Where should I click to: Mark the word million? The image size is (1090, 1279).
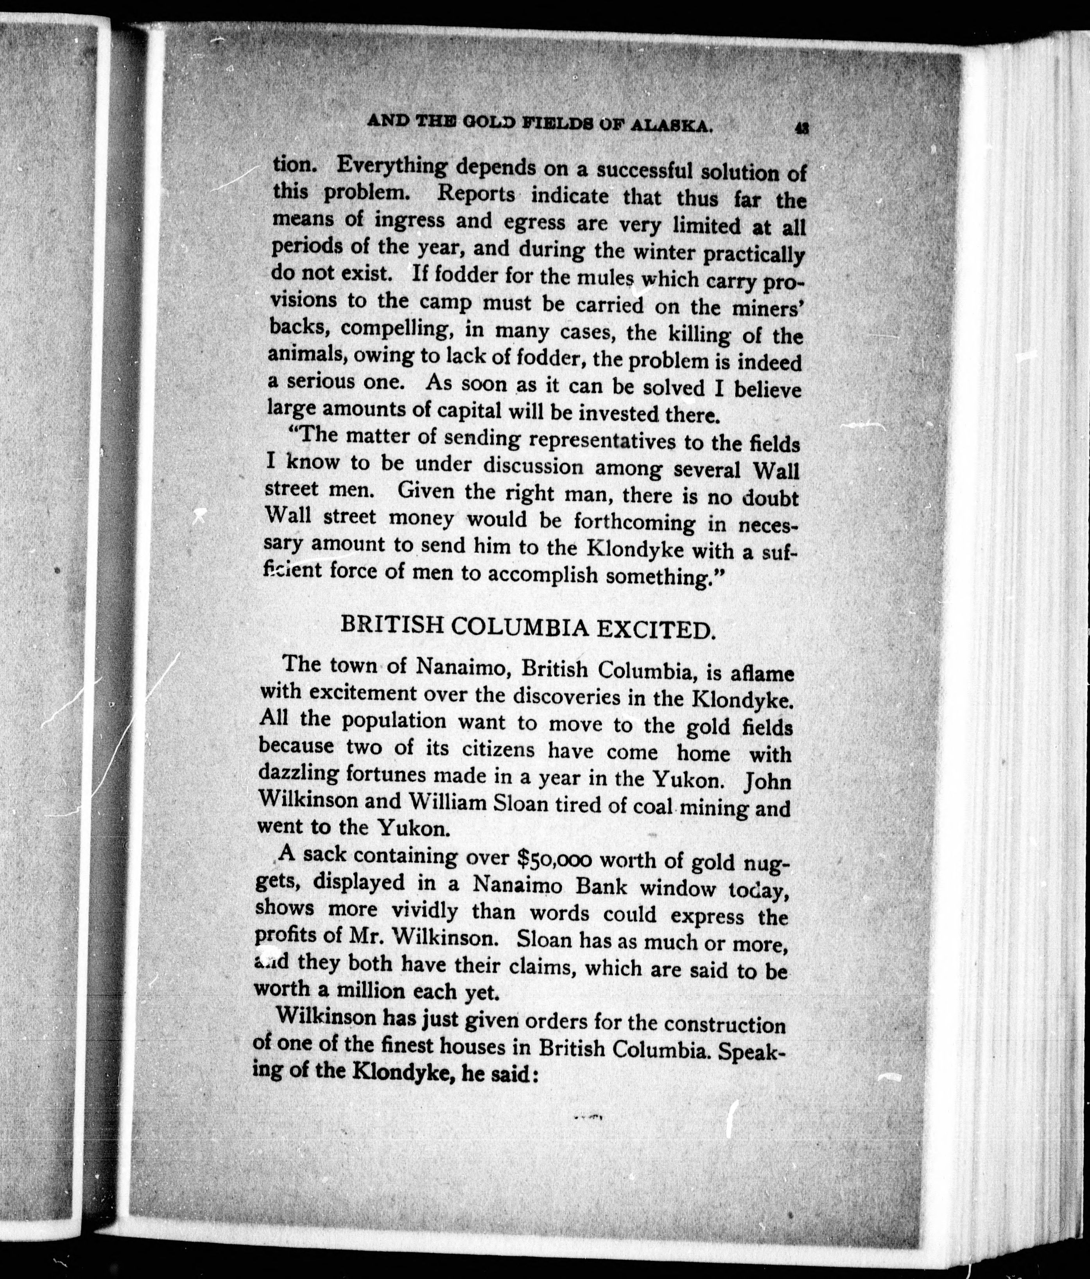[x=366, y=991]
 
